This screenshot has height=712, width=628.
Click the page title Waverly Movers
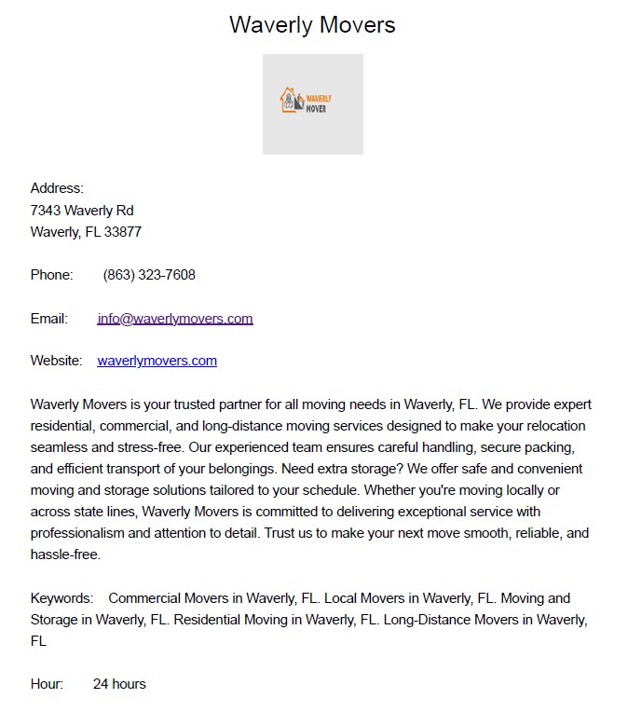click(312, 25)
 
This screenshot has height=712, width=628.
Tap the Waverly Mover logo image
click(312, 103)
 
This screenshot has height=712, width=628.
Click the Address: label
click(57, 188)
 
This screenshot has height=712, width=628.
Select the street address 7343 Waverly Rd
click(82, 211)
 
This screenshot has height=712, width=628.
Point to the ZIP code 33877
click(123, 232)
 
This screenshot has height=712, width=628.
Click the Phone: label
click(51, 275)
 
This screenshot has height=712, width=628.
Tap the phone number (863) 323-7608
click(149, 275)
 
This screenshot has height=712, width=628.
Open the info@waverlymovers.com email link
click(175, 319)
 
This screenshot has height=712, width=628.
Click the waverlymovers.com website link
click(157, 361)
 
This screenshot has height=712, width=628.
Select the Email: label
click(49, 319)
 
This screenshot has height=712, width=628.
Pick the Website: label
click(57, 361)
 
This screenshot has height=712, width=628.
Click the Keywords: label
click(61, 598)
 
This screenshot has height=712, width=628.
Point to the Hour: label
click(47, 684)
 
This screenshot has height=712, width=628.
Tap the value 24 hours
click(119, 684)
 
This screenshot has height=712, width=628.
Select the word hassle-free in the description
click(64, 555)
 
